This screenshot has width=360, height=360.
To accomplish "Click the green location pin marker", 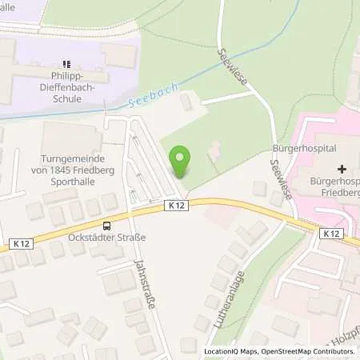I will point(180,162).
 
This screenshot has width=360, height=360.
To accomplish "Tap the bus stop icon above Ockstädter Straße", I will point(107,225).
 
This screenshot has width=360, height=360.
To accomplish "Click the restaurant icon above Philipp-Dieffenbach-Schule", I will point(67,63).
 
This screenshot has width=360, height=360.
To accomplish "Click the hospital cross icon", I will point(342,170).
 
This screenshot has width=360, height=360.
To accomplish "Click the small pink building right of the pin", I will point(214,149).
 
